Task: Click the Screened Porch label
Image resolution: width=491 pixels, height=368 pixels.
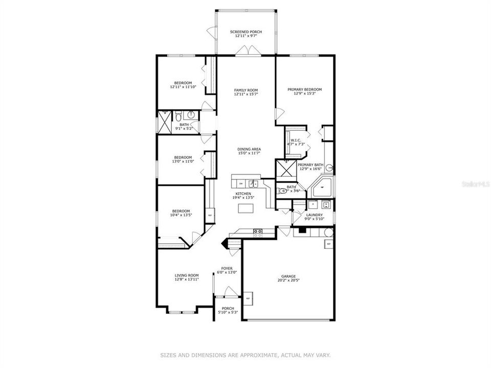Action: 245,32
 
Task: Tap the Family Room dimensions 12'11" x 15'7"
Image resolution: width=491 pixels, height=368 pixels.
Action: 245,94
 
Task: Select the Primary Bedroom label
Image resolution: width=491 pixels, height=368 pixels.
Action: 304,89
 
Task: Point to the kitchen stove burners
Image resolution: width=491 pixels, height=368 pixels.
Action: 258,232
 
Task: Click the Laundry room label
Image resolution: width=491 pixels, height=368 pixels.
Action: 314,215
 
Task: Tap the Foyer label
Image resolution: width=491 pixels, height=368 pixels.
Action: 227,268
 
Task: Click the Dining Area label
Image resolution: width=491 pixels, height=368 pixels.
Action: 245,149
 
